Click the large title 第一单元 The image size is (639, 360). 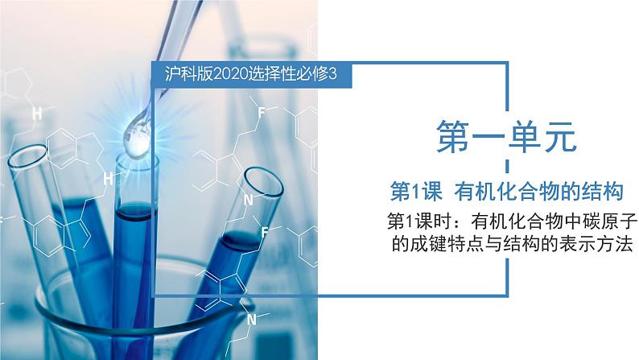point(507,137)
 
